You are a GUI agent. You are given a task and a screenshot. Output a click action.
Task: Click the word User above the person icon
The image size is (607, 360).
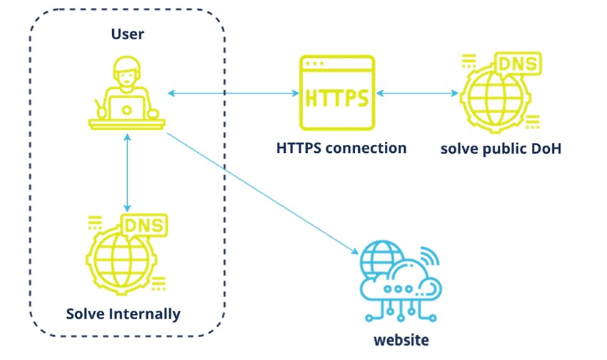coord(127,34)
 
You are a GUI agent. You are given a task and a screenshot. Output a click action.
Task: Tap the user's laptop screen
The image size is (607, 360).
coord(126,108)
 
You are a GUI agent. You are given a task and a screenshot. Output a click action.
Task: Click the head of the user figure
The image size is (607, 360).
coord(126,73)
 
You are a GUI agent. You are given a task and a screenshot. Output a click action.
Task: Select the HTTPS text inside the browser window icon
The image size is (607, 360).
coord(337,98)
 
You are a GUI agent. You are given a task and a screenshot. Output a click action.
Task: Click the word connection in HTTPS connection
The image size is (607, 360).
coord(366,148)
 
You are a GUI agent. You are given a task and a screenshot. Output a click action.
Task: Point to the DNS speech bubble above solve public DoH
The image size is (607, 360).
coord(518,64)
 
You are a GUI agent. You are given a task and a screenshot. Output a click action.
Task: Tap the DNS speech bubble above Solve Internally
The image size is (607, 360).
coord(144,225)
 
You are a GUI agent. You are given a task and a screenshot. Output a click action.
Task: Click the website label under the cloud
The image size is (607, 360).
coord(401,340)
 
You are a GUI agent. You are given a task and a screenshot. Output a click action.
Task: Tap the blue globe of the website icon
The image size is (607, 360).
coord(381,257)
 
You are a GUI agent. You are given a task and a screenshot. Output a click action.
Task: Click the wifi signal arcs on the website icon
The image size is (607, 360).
coord(430,256)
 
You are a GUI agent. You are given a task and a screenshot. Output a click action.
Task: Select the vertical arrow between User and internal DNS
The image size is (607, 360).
coord(127,173)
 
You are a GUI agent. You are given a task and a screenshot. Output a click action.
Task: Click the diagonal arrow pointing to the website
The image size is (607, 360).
coord(263,194)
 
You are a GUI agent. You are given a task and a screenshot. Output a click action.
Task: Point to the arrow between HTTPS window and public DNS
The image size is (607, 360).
coord(417,93)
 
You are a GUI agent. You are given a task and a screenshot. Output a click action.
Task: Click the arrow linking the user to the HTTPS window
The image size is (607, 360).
coord(234,93)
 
